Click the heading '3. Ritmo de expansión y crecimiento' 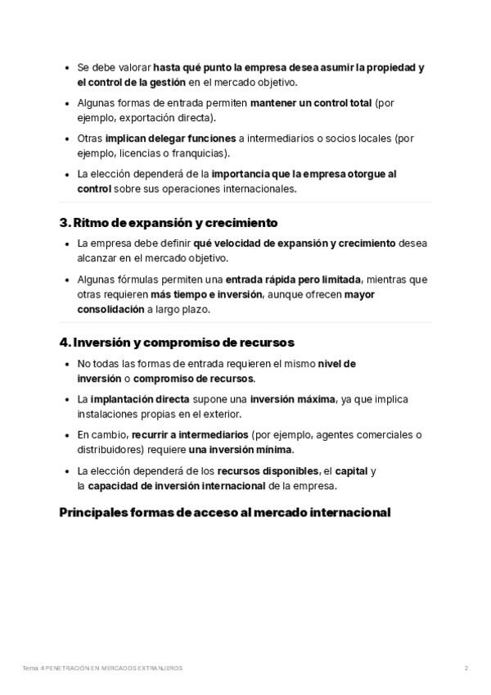pyautogui.click(x=169, y=222)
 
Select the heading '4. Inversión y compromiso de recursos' pyautogui.click(x=177, y=343)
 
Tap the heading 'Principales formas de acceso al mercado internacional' pyautogui.click(x=225, y=512)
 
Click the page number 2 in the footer pyautogui.click(x=466, y=669)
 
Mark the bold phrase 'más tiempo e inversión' pyautogui.click(x=206, y=294)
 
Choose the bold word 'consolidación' pyautogui.click(x=110, y=309)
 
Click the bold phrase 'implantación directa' pyautogui.click(x=133, y=399)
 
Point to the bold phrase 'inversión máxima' pyautogui.click(x=292, y=399)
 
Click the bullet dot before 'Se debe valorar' pyautogui.click(x=65, y=68)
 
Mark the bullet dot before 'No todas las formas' pyautogui.click(x=65, y=364)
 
